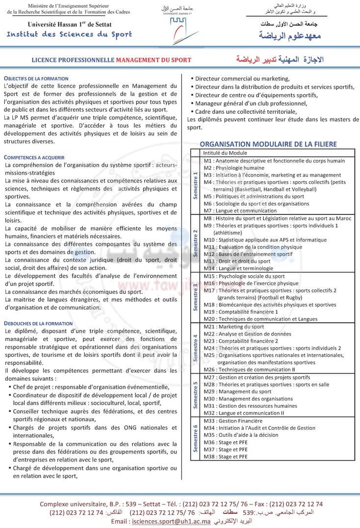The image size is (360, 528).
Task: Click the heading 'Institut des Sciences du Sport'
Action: click(69, 34)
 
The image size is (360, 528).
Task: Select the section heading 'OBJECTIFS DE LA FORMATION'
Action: click(36, 79)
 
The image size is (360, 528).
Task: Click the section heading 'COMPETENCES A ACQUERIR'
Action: click(34, 157)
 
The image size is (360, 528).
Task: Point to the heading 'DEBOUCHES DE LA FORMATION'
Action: click(38, 323)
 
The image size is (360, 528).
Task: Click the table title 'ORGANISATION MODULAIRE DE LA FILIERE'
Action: click(268, 144)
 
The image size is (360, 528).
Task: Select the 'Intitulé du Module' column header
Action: click(225, 153)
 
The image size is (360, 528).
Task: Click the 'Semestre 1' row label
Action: click(196, 185)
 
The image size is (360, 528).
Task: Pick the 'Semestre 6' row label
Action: click(196, 439)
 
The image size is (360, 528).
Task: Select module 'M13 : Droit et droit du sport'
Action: click(237, 261)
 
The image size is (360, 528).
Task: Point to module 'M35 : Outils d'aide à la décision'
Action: click(241, 435)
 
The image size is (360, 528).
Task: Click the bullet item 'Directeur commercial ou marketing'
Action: click(242, 79)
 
